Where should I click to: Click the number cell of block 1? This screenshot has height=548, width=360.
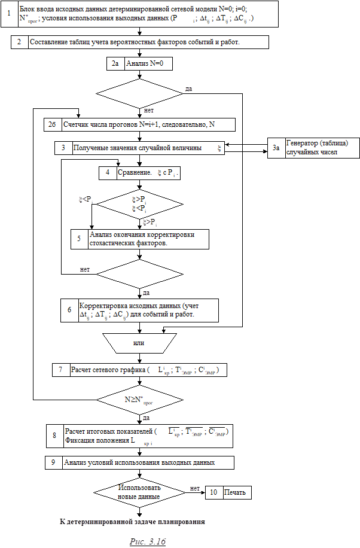coord(9,13)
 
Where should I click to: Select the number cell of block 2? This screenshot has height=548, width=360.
coord(20,42)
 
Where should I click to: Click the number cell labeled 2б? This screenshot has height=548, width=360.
coord(52,124)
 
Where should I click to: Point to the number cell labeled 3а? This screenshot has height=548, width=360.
coord(275,148)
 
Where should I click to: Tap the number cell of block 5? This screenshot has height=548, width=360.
coord(79,239)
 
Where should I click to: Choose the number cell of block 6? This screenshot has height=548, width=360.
coord(69,310)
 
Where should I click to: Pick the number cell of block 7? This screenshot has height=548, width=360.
coord(60,370)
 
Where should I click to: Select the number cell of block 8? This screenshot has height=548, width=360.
coord(54,436)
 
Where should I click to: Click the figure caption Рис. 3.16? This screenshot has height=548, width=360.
coord(148,541)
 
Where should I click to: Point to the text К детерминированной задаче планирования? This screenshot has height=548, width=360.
coord(133,522)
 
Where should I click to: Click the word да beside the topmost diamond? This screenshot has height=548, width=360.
coord(188,89)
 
